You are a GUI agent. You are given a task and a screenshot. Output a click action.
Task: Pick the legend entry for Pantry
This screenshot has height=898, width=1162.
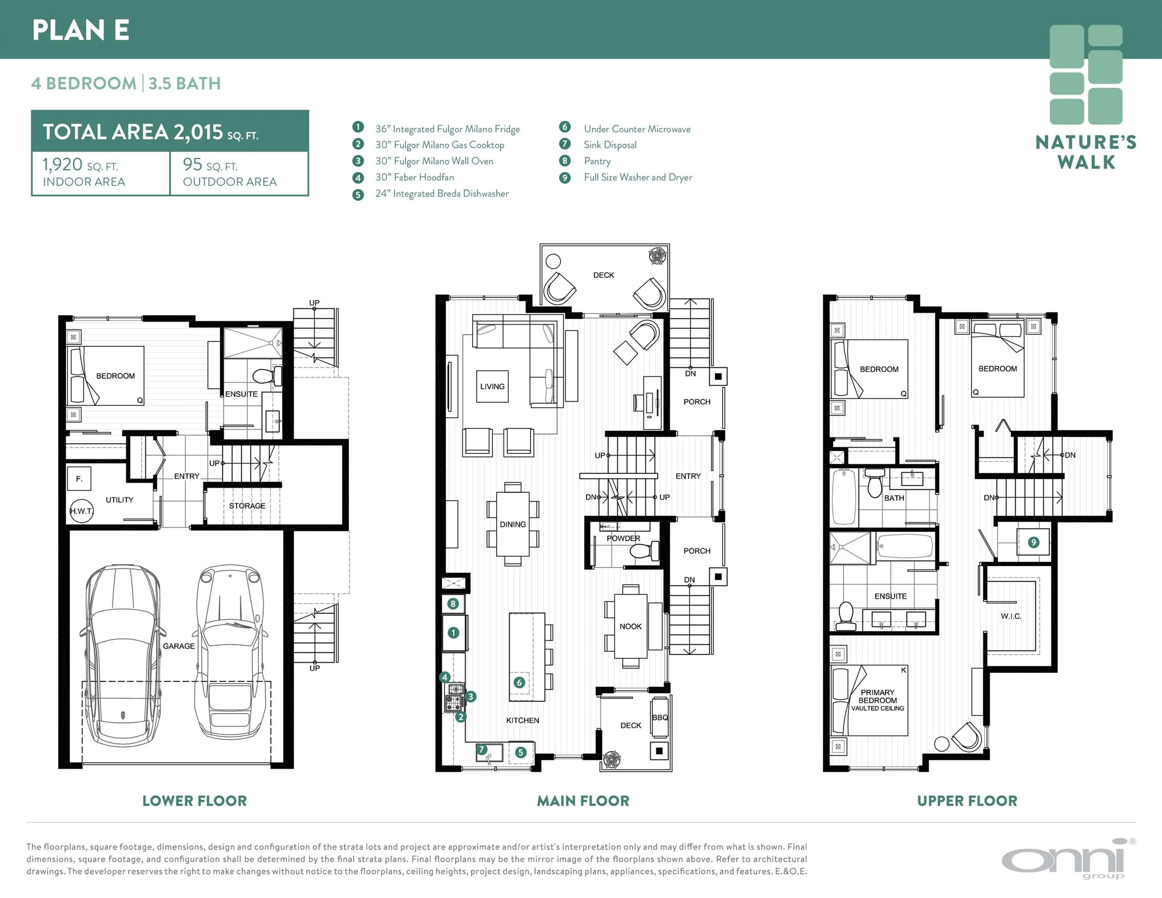pos(597,161)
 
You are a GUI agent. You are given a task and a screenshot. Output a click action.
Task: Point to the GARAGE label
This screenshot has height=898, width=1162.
pos(179,646)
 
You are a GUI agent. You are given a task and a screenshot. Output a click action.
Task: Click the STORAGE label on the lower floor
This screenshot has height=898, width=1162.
pos(247,505)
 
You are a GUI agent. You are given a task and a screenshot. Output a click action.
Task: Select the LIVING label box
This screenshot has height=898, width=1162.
pos(492,386)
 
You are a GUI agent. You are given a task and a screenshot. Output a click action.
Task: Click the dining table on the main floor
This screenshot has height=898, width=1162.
pos(512,524)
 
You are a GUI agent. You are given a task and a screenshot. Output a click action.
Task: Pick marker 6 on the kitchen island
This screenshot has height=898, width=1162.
pos(519,682)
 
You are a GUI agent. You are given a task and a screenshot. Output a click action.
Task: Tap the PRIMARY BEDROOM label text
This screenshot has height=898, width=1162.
pos(877,696)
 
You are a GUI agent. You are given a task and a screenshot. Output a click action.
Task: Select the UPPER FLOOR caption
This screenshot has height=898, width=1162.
pos(967,801)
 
